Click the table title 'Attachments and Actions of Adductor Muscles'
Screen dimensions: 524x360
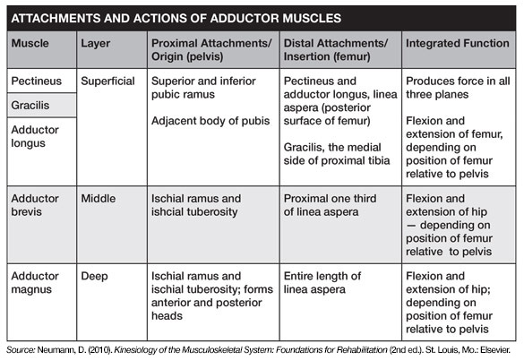[176, 18]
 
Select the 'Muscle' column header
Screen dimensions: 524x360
[30, 43]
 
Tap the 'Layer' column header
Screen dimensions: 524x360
[96, 44]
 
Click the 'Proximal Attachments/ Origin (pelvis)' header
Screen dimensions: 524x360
[211, 50]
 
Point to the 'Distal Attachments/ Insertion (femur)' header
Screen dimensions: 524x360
[336, 50]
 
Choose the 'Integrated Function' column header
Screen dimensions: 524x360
[458, 44]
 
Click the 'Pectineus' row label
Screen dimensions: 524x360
[37, 81]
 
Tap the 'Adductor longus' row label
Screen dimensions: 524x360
[35, 136]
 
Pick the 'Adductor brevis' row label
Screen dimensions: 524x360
[35, 205]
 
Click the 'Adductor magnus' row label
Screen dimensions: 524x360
[35, 282]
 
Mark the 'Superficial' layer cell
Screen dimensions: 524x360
[107, 81]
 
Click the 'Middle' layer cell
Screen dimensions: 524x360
[99, 199]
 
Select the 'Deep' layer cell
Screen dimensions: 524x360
[94, 277]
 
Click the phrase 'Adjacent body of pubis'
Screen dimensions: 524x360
[210, 121]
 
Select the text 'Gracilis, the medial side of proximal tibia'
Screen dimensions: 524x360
[337, 154]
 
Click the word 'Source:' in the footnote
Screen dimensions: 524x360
[21, 350]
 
